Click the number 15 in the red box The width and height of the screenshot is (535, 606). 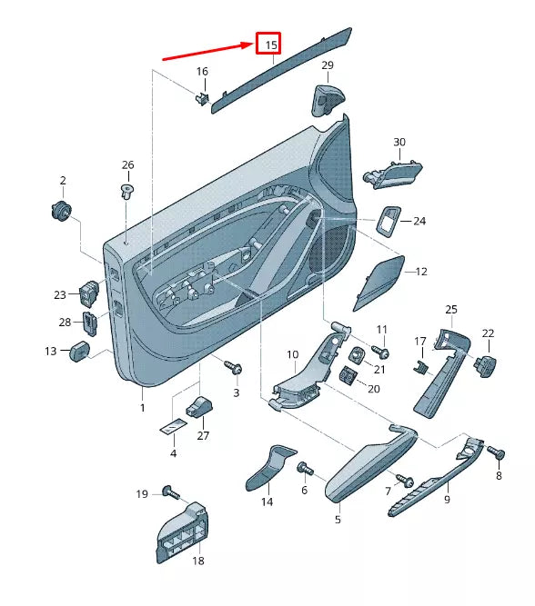pos(268,44)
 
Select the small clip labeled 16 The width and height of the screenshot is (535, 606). pos(202,95)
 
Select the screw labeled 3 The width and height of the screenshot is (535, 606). pos(236,368)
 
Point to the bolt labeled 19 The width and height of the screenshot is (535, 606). pos(169,492)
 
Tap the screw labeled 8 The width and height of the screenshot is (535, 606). pos(496,452)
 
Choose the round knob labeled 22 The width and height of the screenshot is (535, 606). pos(488,363)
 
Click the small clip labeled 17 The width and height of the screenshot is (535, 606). pos(421,365)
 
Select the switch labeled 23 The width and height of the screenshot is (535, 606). pos(91,293)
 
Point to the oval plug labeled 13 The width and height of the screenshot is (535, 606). pos(78,350)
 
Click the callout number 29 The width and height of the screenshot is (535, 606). pos(328,65)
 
